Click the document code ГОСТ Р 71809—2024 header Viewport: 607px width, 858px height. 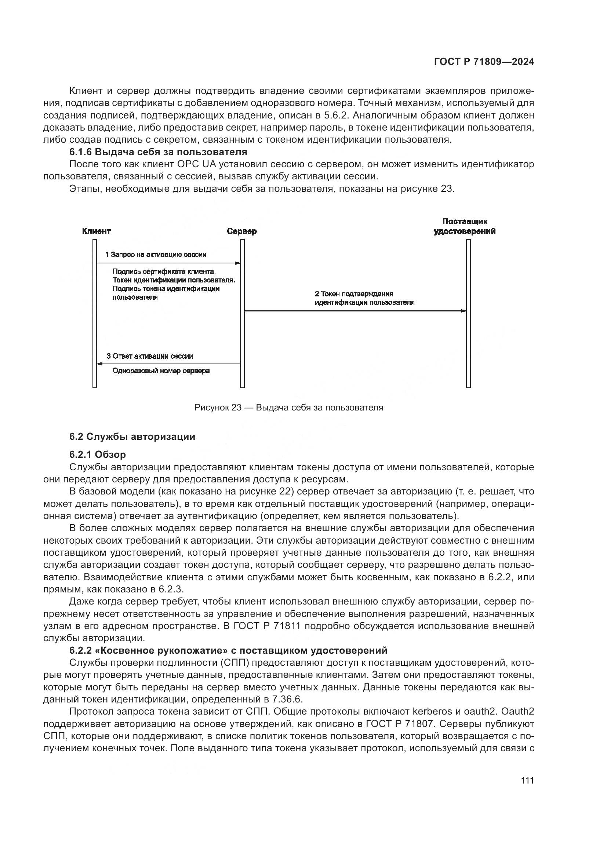point(484,62)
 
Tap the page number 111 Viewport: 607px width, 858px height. point(527,780)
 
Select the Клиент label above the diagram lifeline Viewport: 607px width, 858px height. point(97,231)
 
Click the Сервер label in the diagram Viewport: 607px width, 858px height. point(242,231)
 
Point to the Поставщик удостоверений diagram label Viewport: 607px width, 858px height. point(465,226)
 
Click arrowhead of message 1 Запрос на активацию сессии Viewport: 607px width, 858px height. point(237,263)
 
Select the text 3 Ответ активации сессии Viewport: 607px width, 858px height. point(150,356)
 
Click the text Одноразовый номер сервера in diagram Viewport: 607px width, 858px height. point(161,371)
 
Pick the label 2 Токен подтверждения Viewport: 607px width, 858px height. point(353,294)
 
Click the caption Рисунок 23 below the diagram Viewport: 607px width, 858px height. point(288,407)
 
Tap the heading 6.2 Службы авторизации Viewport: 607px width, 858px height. point(132,437)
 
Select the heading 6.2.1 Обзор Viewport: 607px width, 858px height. point(98,454)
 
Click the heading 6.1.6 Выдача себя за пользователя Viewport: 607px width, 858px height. point(158,152)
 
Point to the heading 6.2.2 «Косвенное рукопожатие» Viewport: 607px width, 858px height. point(228,650)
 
